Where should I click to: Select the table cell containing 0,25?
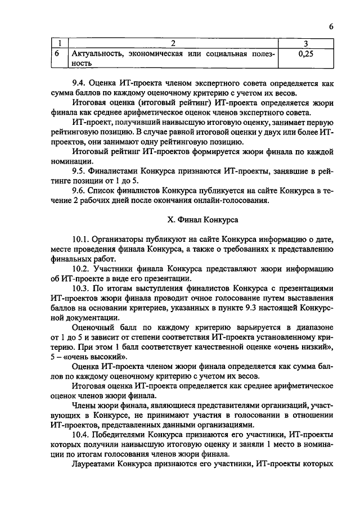click(304, 55)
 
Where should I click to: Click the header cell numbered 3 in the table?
click(304, 44)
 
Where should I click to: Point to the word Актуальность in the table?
click(97, 55)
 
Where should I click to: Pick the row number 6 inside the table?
click(57, 55)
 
